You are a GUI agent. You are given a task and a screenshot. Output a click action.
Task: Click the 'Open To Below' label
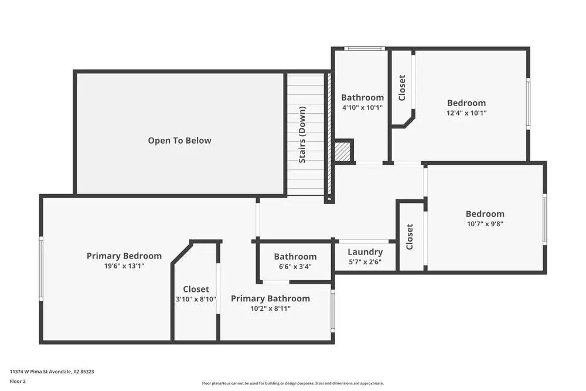(179, 141)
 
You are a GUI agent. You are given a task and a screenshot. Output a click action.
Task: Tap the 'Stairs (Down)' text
(302, 135)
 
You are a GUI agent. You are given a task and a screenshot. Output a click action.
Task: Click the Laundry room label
(365, 252)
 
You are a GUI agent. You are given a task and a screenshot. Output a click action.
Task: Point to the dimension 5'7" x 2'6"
(365, 262)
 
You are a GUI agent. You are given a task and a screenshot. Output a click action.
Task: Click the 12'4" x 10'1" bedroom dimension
(466, 113)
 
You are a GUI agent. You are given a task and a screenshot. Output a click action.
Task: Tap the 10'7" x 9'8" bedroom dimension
(485, 224)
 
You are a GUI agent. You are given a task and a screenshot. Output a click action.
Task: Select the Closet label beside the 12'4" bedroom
(402, 88)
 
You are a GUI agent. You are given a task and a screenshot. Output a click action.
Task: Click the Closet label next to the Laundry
(410, 237)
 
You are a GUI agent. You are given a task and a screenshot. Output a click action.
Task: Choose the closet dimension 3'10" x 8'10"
(196, 299)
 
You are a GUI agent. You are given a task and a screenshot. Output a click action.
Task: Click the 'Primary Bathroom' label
(270, 298)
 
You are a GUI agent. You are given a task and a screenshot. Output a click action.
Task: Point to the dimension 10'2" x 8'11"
(270, 308)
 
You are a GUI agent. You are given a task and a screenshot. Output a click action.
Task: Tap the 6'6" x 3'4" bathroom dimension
(295, 266)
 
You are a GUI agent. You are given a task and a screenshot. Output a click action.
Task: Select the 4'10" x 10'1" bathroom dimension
(362, 108)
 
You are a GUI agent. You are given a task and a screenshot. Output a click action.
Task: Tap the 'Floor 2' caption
(18, 381)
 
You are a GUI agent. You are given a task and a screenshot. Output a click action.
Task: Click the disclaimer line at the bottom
(293, 383)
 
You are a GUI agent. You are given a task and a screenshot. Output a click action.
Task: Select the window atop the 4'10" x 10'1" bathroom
(363, 49)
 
